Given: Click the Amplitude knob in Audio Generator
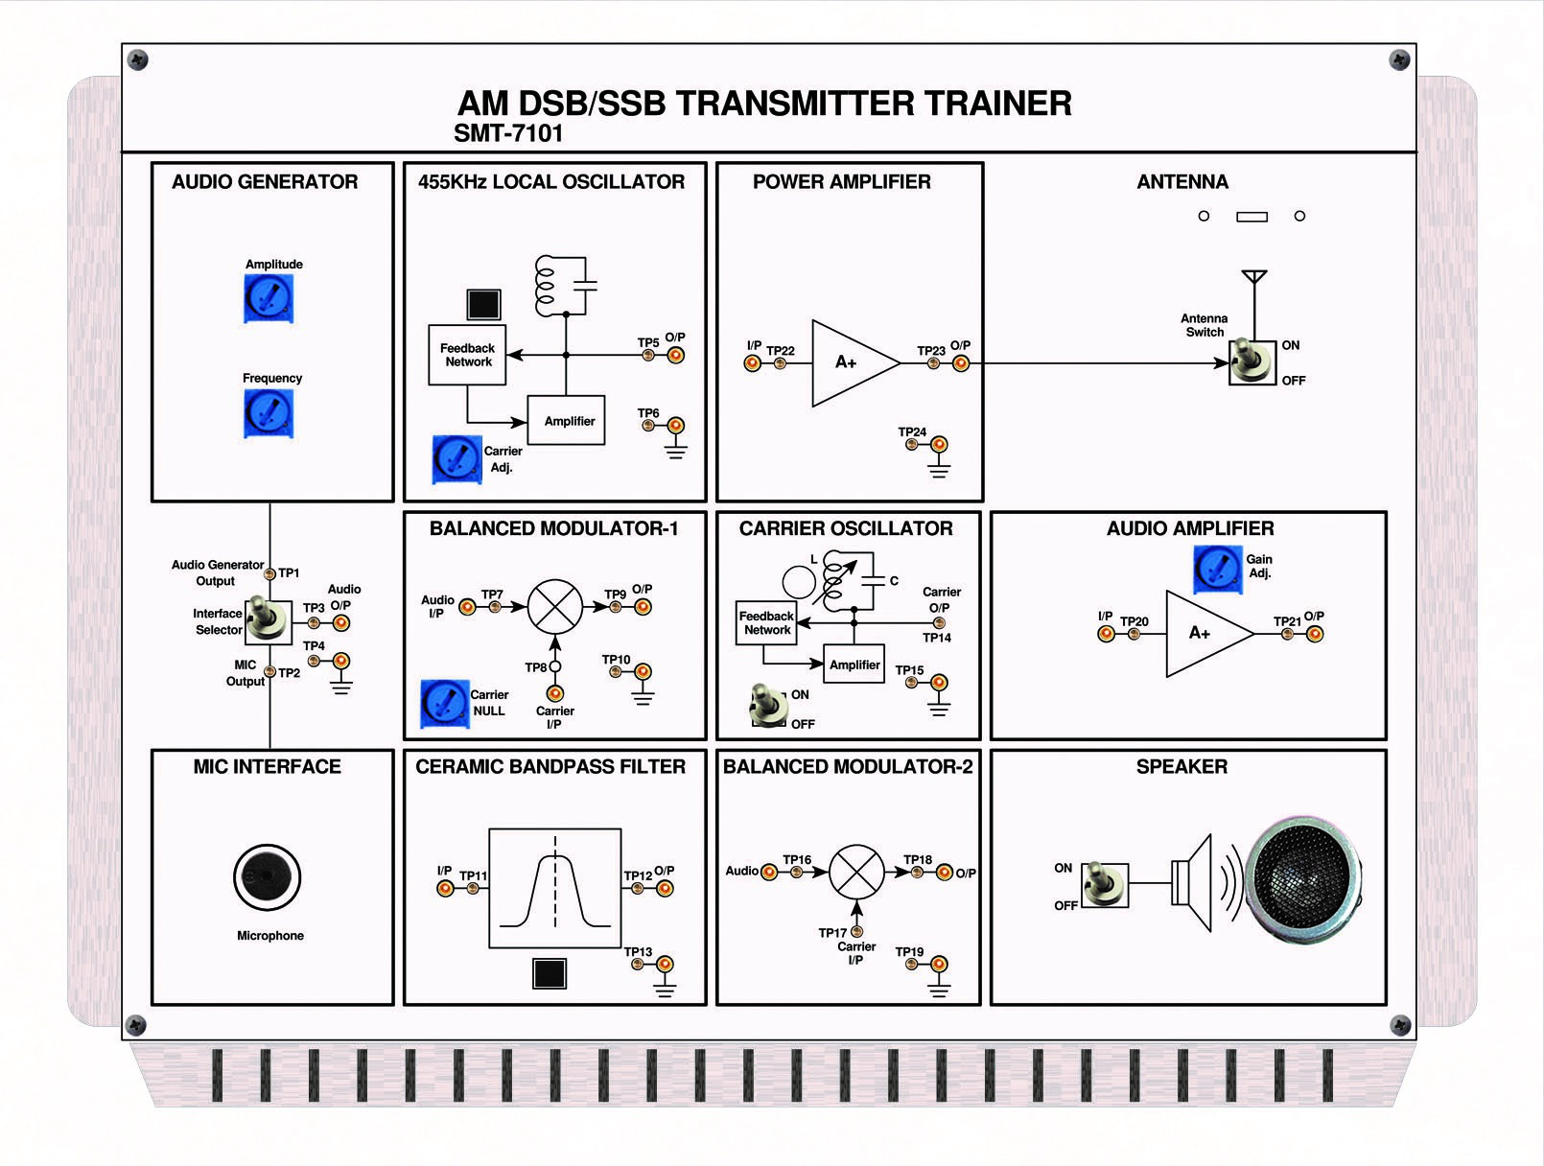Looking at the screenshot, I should click(269, 298).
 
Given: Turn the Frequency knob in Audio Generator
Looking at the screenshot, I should click(269, 413).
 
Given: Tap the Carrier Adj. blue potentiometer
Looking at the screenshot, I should click(456, 458).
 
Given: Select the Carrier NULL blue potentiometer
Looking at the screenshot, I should click(444, 704).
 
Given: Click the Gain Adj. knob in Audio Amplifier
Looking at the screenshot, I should click(1217, 569).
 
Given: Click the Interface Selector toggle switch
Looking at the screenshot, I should click(268, 621).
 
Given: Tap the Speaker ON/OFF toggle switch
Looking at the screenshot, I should click(1104, 884).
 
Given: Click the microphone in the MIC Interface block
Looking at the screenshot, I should click(267, 876).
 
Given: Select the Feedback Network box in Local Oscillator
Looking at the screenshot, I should click(467, 355).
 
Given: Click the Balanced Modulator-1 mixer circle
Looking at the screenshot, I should click(555, 607).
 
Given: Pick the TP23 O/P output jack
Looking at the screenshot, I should click(961, 363).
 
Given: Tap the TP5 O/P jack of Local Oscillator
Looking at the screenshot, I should click(676, 356).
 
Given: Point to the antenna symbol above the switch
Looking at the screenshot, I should click(1254, 279).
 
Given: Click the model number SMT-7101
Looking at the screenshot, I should click(508, 133).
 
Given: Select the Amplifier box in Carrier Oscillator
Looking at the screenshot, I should click(854, 665).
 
